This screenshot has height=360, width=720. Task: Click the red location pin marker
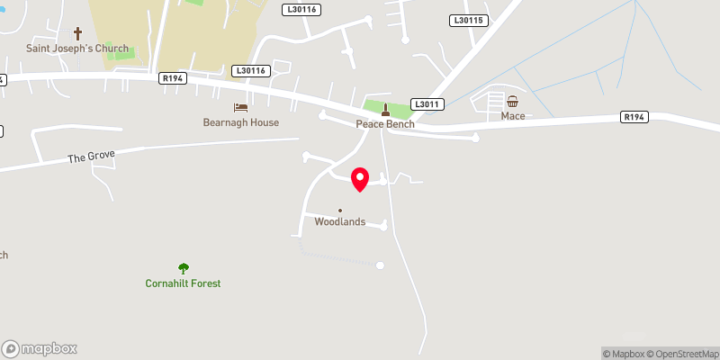360,178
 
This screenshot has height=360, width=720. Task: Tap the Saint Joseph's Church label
76,49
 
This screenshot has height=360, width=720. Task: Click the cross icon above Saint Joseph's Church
77,31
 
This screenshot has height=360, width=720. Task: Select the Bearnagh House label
240,122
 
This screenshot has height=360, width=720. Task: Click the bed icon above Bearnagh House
240,107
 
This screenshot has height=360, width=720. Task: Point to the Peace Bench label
385,124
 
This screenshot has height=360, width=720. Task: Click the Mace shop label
513,116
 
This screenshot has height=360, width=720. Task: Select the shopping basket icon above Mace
513,101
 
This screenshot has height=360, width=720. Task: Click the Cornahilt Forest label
184,283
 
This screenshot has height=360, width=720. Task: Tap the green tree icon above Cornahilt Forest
184,267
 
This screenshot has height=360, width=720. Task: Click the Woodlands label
340,221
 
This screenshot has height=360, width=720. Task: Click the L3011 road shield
428,104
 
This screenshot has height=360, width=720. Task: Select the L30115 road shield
468,20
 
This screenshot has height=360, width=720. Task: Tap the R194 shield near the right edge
634,117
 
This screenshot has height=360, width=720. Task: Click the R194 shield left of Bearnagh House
173,78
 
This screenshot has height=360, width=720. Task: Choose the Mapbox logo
40,349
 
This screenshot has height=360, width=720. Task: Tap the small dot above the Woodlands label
340,211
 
